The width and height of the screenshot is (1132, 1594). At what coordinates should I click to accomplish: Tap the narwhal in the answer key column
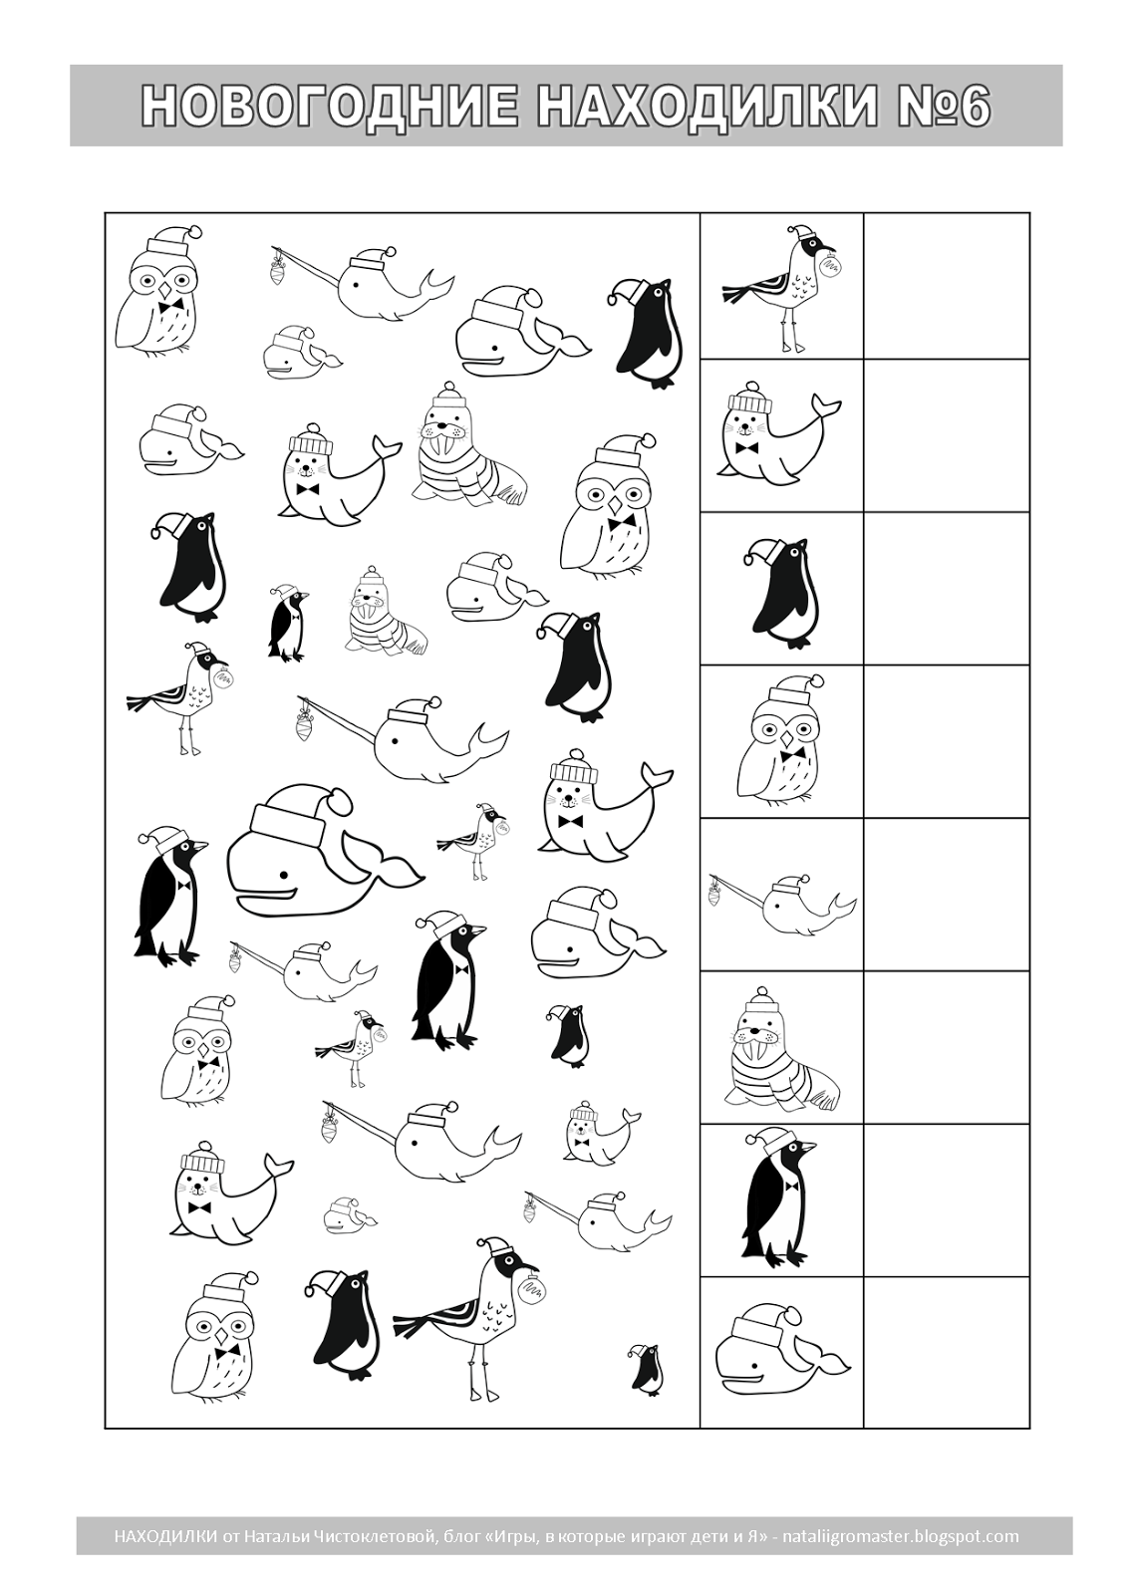click(782, 904)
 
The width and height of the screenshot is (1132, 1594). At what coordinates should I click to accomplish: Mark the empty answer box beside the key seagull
click(947, 286)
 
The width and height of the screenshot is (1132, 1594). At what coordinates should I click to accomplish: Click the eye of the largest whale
click(283, 875)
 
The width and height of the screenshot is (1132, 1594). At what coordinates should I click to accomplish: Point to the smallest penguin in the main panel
click(646, 1368)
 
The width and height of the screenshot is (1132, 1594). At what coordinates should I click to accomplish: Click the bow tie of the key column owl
click(791, 753)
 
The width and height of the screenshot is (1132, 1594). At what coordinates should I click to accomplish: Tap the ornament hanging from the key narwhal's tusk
click(714, 896)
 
